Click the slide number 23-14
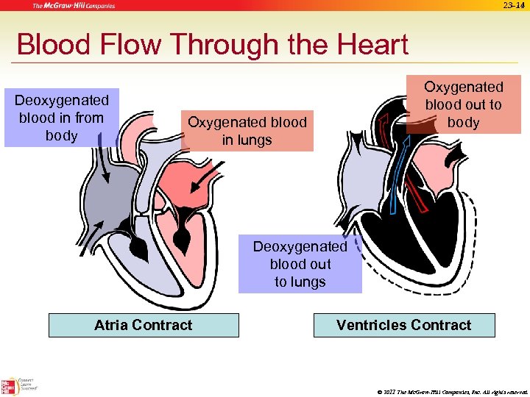pos(513,6)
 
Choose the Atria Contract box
pos(144,325)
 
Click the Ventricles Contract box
pos(403,325)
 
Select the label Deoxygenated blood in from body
pos(62,118)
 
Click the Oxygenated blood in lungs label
pos(247,131)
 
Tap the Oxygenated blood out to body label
pos(463,104)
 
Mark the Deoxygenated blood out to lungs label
pos(300,264)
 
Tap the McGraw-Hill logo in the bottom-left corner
pos(10,387)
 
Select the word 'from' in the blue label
pos(89,118)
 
